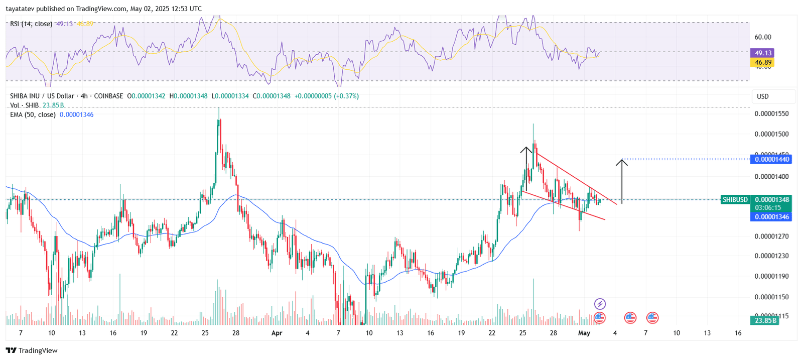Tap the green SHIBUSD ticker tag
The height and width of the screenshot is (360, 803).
click(x=735, y=200)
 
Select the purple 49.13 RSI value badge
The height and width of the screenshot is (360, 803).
click(x=762, y=53)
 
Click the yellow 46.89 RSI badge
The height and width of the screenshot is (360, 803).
click(x=762, y=62)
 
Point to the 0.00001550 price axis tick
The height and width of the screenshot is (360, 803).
click(x=771, y=114)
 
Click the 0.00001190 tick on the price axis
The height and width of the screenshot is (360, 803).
click(x=771, y=276)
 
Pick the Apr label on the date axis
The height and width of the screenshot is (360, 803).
click(x=277, y=333)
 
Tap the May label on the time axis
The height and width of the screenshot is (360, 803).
click(x=584, y=333)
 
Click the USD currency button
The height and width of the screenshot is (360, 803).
click(x=762, y=96)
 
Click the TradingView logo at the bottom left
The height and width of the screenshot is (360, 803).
click(x=32, y=350)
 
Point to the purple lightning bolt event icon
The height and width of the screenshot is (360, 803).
click(x=600, y=304)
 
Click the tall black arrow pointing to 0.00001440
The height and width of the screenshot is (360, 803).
click(x=622, y=181)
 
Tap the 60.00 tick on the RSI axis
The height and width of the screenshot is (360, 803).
click(x=763, y=37)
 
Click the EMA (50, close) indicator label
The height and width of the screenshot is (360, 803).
click(x=33, y=115)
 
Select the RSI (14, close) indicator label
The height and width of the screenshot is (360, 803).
click(x=31, y=24)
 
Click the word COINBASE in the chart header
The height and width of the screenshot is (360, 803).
click(x=108, y=96)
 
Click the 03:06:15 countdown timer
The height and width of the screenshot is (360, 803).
click(x=768, y=208)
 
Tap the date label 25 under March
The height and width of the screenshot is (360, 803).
click(x=205, y=333)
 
